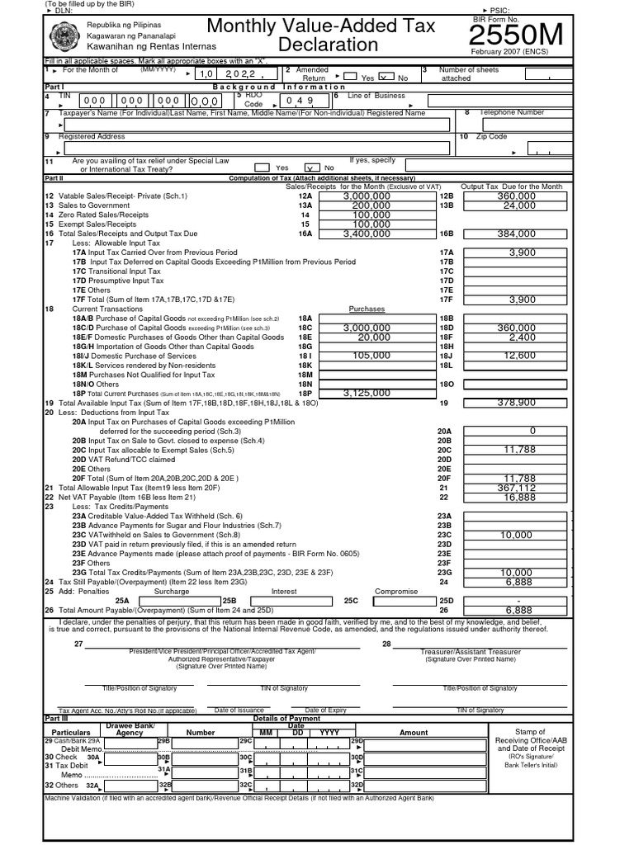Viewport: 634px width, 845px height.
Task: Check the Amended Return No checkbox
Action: click(x=386, y=77)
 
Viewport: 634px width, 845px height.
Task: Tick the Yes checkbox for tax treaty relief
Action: click(x=262, y=167)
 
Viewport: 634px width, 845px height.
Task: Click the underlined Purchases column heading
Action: click(x=367, y=309)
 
